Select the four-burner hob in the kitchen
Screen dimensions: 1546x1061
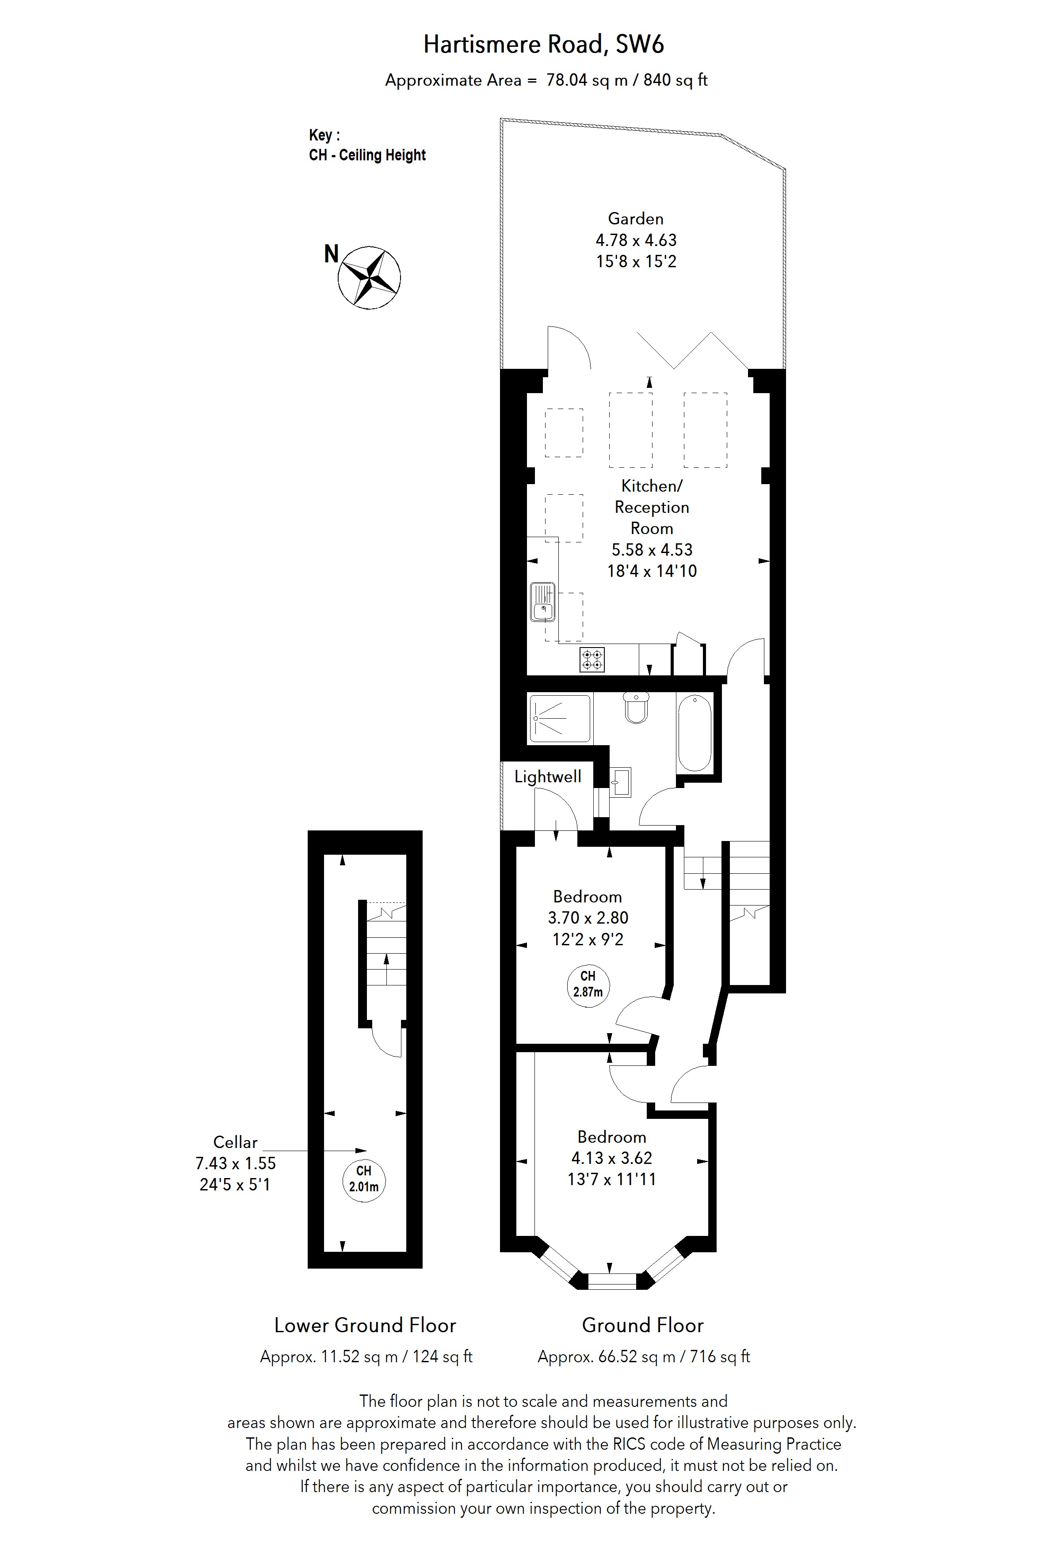pyautogui.click(x=592, y=659)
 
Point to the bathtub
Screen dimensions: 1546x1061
pyautogui.click(x=694, y=732)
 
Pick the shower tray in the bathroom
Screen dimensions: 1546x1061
pyautogui.click(x=560, y=719)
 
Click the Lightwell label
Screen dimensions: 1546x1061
pyautogui.click(x=547, y=777)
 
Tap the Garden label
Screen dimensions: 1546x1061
pyautogui.click(x=636, y=219)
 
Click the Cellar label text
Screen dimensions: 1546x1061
pyautogui.click(x=235, y=1142)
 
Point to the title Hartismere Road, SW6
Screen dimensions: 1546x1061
pyautogui.click(x=543, y=45)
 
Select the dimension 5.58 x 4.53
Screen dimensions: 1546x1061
pyautogui.click(x=652, y=549)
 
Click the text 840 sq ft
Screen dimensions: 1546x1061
pyautogui.click(x=675, y=80)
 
